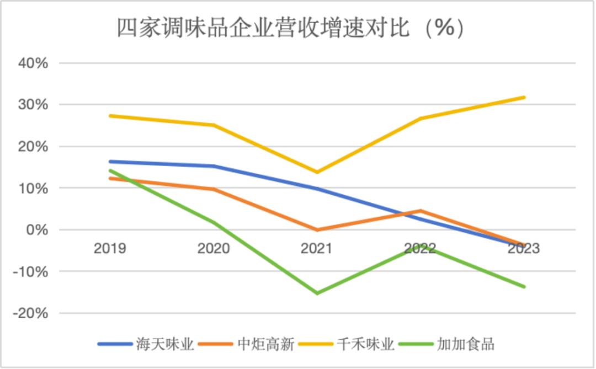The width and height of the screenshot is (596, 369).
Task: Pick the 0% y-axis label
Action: (x=37, y=230)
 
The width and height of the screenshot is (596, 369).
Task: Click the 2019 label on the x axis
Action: (x=110, y=249)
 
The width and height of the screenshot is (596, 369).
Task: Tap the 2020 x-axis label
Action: (x=214, y=249)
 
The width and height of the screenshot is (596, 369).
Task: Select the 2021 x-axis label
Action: (x=317, y=249)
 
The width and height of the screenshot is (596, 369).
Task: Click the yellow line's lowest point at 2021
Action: (x=317, y=172)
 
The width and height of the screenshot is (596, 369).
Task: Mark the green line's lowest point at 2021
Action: (x=317, y=293)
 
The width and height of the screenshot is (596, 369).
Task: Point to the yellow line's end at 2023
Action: (x=524, y=98)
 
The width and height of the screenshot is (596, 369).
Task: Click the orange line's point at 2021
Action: (x=317, y=230)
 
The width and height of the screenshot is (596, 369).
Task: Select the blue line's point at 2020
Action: (x=214, y=166)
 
